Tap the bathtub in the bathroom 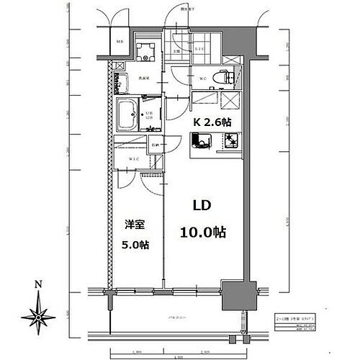(x=131, y=113)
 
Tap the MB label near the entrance (x=119, y=41)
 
